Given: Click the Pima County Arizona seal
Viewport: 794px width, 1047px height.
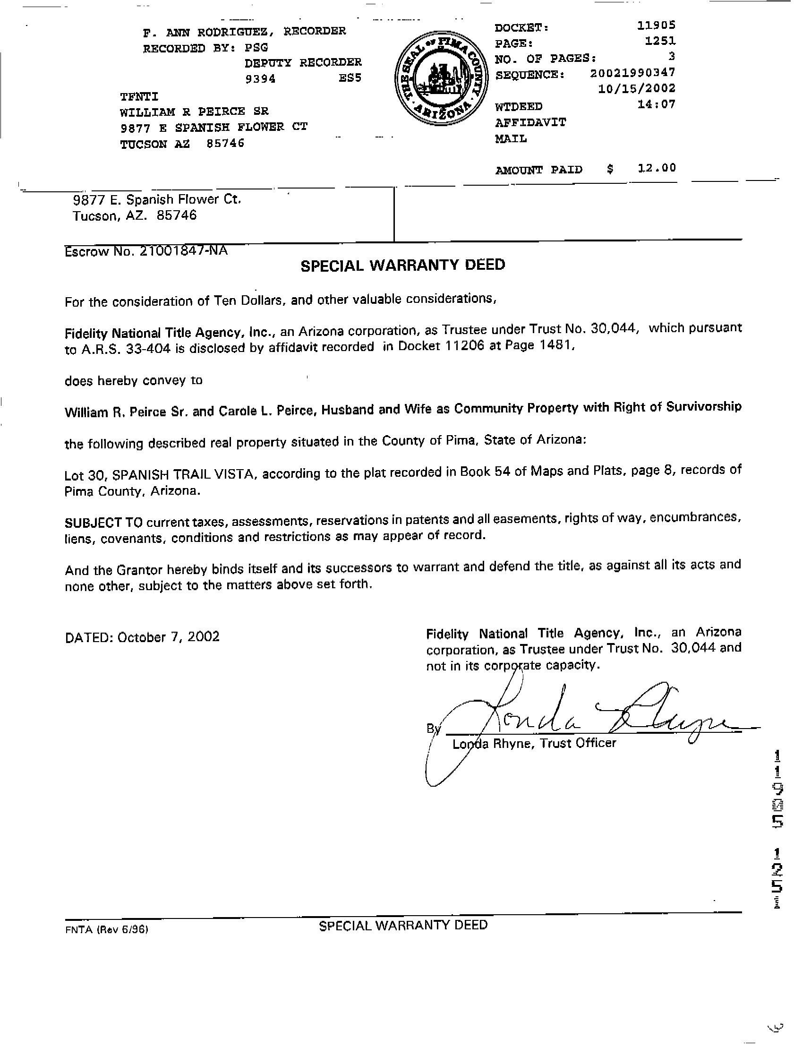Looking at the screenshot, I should click(438, 81).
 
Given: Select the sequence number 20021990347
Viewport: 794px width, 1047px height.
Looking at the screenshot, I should click(632, 73).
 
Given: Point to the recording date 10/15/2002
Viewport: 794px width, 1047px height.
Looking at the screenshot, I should click(636, 88).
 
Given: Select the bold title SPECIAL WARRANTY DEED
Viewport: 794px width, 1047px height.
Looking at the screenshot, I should click(403, 265).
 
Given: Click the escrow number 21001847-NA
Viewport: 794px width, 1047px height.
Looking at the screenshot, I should click(183, 250).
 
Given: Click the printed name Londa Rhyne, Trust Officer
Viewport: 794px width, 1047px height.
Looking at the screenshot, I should click(534, 744).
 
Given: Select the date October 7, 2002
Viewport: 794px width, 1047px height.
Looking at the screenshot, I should click(169, 636).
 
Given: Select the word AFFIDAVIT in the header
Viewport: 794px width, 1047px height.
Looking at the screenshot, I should click(530, 122).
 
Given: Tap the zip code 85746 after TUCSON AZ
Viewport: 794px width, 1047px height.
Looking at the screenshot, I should click(225, 144).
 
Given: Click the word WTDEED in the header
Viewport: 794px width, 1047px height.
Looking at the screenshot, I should click(519, 106).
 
